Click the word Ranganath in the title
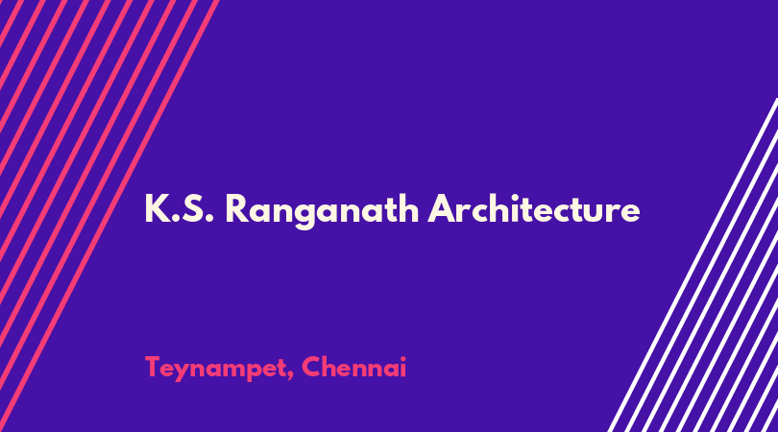322,211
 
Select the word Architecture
534,208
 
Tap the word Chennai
353,367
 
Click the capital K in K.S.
157,208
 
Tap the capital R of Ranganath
236,208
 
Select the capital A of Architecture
443,208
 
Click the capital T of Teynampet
154,367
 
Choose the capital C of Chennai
311,367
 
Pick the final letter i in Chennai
403,367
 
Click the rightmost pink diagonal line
109,216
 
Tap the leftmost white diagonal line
693,265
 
